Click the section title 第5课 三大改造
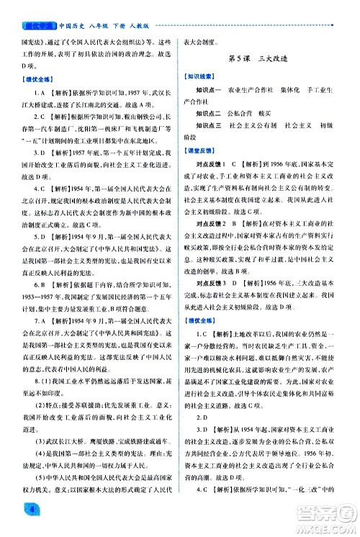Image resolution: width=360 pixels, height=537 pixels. (268, 58)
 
